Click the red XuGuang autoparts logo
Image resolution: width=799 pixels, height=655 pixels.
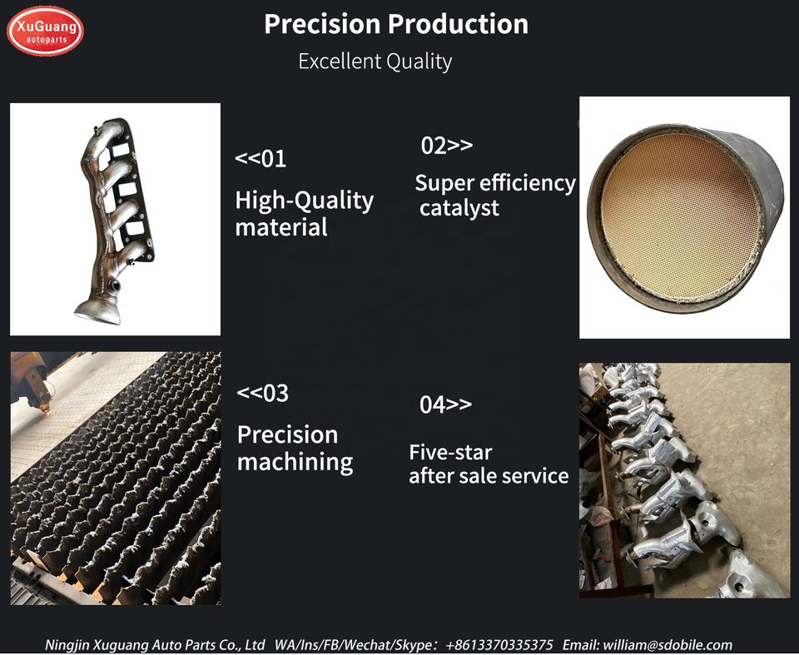point(45,31)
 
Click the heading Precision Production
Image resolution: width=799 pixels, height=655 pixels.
point(396,24)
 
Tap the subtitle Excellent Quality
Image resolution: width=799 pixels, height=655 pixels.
point(375,61)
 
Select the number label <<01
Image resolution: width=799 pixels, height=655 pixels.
point(261,158)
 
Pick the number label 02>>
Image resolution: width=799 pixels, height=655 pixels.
point(447,146)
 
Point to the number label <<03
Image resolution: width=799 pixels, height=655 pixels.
point(263,393)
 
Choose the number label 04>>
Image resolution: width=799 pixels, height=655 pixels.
point(445,404)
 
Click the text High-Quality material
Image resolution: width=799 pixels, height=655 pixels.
point(305,213)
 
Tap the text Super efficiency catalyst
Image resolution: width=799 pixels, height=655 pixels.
point(495,196)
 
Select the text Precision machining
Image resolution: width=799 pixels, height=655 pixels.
point(295,448)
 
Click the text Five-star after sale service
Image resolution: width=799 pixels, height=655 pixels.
point(489,464)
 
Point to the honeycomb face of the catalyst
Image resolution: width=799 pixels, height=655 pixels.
point(680,216)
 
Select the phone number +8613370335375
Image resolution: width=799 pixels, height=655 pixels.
point(499,645)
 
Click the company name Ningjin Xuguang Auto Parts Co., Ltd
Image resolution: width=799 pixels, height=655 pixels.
point(155,645)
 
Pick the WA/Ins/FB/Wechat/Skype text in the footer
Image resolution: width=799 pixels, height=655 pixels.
point(356,645)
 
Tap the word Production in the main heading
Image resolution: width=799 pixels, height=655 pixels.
point(458,24)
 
